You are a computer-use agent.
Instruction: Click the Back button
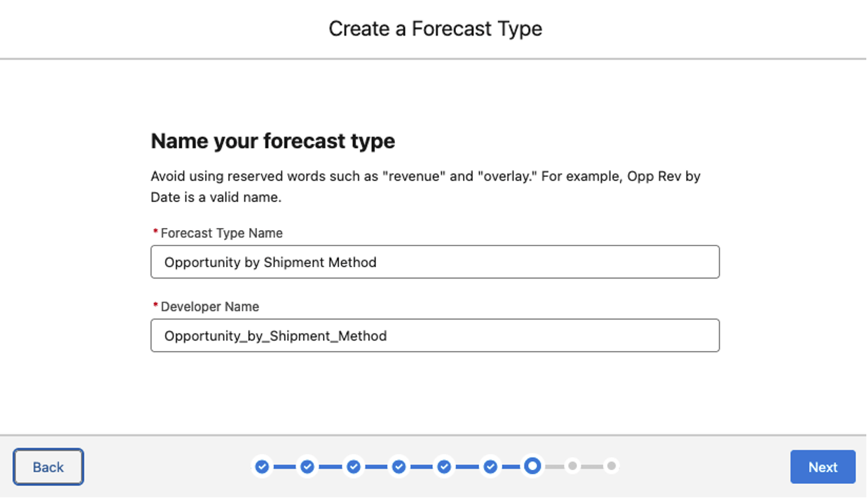(x=48, y=467)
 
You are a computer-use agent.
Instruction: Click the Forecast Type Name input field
(x=435, y=262)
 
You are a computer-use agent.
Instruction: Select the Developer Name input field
(x=435, y=335)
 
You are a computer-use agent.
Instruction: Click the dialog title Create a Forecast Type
(x=436, y=29)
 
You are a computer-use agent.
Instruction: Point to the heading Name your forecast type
(x=273, y=141)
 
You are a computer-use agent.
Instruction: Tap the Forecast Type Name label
(x=221, y=233)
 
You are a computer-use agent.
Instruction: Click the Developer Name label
(x=210, y=306)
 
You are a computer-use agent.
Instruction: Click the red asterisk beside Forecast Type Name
(x=155, y=232)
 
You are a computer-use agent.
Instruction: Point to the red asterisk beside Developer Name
(x=155, y=305)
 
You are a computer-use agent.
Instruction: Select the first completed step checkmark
(x=262, y=467)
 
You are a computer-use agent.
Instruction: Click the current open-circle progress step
(x=532, y=466)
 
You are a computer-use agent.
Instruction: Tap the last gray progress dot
(x=611, y=467)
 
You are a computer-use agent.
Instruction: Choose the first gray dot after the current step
(x=572, y=467)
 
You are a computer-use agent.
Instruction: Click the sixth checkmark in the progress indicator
(x=490, y=467)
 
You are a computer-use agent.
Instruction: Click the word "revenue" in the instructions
(x=414, y=176)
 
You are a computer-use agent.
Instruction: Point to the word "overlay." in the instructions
(x=508, y=176)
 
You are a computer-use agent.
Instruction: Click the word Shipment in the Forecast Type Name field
(x=294, y=262)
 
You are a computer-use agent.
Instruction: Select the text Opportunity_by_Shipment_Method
(x=276, y=336)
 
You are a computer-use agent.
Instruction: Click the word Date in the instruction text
(x=165, y=197)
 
